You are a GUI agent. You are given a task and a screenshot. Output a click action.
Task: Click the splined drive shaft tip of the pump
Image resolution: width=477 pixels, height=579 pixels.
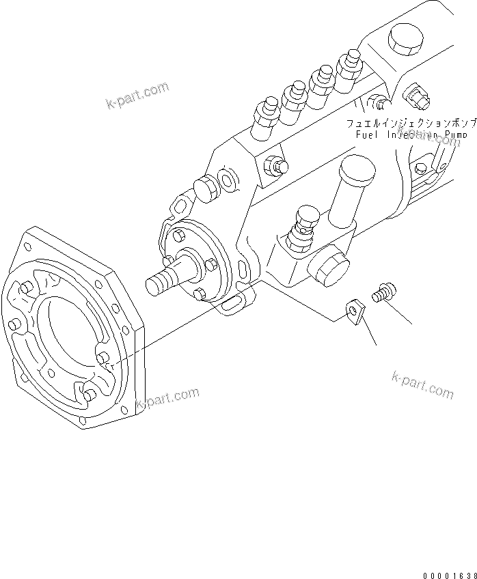pos(159,281)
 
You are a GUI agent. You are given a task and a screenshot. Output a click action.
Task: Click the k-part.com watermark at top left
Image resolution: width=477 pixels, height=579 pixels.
pos(137,96)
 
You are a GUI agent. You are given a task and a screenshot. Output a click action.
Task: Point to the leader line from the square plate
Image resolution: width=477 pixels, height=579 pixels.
pos(369,331)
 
